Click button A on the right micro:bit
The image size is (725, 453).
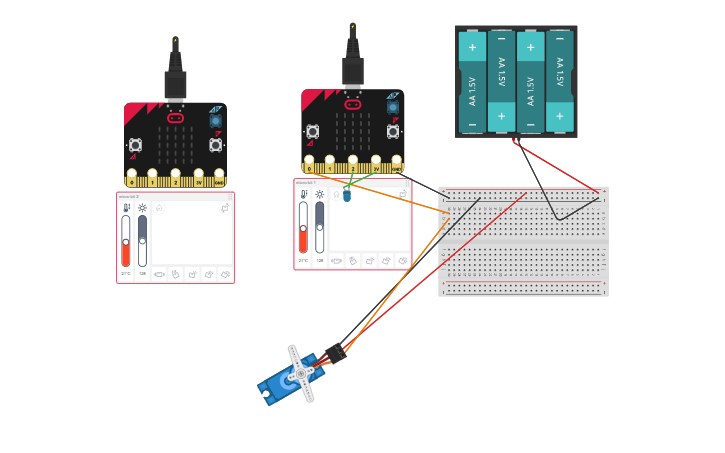click(313, 131)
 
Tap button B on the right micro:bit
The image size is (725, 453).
click(392, 131)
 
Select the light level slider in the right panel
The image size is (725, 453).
click(320, 229)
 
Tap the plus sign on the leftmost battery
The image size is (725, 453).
click(472, 47)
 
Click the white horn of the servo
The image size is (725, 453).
click(301, 374)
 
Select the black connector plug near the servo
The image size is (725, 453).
click(333, 353)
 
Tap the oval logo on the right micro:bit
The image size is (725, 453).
click(353, 104)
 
